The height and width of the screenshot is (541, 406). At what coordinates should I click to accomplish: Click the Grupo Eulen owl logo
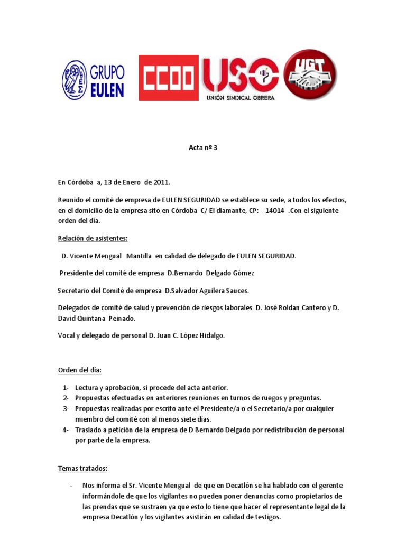[75, 80]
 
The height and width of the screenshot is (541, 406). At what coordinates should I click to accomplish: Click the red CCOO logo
[169, 78]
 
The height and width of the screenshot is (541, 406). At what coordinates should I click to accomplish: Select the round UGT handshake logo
[310, 74]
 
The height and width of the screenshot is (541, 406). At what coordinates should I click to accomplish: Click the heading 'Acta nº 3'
[203, 148]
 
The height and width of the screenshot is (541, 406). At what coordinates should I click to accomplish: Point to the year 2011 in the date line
[161, 182]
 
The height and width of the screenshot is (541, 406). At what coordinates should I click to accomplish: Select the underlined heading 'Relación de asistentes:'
[93, 238]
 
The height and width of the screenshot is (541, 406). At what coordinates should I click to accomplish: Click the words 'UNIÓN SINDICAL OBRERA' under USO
[240, 98]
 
